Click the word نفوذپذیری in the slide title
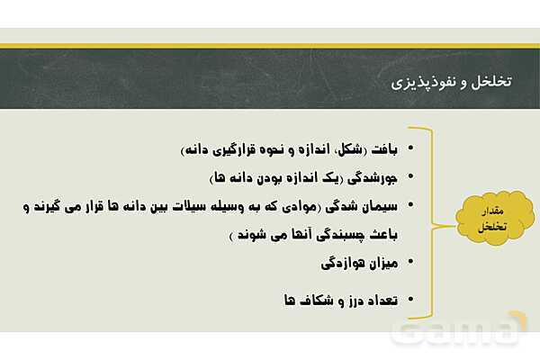424,82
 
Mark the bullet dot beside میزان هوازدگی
410,263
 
